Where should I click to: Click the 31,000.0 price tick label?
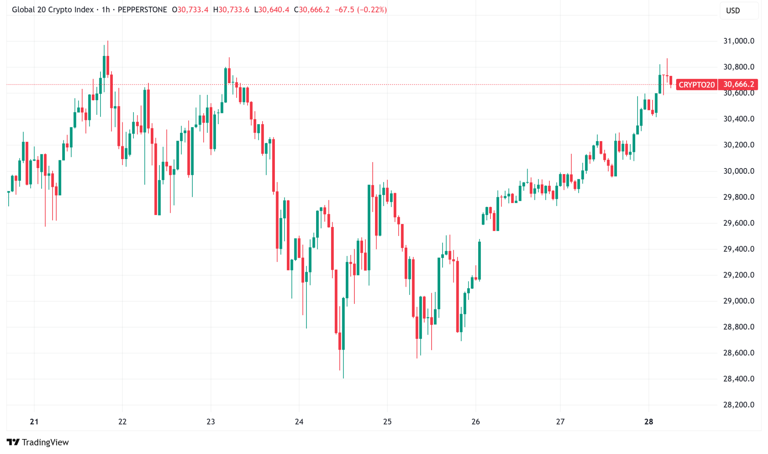pos(738,41)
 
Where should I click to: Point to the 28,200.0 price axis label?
pos(738,405)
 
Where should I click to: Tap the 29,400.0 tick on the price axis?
pos(738,249)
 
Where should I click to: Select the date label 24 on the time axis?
pos(299,422)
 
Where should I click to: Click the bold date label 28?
pos(648,422)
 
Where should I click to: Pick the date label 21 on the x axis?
pos(34,422)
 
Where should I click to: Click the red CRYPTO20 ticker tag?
pos(696,85)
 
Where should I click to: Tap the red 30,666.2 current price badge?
pos(738,84)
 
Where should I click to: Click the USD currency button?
pos(733,11)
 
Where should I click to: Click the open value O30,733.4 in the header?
pos(190,10)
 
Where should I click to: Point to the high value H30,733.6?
pos(231,10)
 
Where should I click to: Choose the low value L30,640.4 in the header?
pos(271,10)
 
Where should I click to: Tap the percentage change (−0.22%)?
pos(372,10)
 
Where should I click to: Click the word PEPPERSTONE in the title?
pos(142,10)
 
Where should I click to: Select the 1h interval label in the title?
pos(106,10)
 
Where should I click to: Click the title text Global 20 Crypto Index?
pos(52,10)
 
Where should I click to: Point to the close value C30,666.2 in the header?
pos(312,10)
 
